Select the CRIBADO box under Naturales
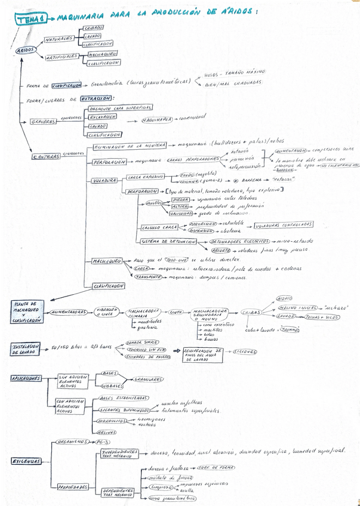[94, 27]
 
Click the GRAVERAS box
[42, 122]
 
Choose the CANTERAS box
[47, 156]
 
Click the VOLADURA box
[104, 180]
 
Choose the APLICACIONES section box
[25, 378]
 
